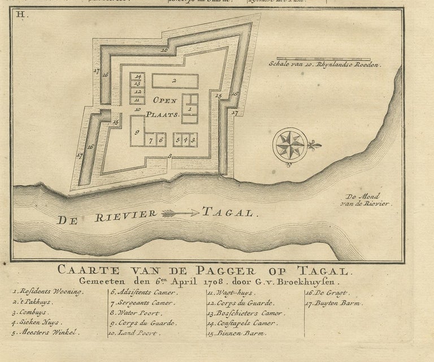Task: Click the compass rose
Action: [291, 145]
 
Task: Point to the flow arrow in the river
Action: [180, 213]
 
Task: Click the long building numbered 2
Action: [175, 81]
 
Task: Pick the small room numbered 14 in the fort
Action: [137, 76]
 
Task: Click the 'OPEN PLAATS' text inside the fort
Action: [164, 106]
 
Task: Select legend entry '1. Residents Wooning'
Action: [47, 292]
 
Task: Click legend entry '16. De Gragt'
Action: [328, 292]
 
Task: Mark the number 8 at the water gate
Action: [169, 156]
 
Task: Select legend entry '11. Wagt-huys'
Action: [231, 293]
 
